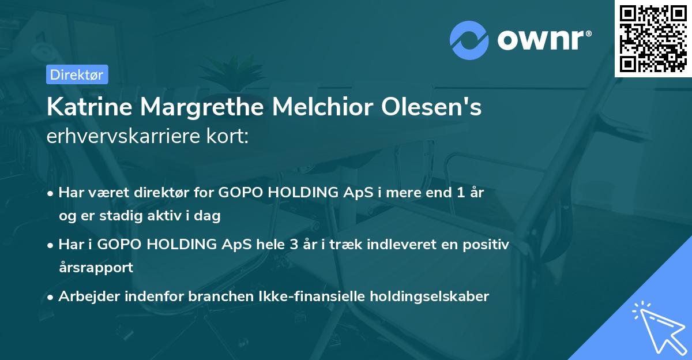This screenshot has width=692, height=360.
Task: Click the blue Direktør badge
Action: click(x=77, y=74)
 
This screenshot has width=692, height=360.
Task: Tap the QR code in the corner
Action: click(x=653, y=38)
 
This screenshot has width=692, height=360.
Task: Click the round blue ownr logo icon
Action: click(x=469, y=40)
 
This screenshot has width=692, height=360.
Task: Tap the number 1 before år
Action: click(x=460, y=193)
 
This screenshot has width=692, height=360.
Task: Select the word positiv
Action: click(x=484, y=245)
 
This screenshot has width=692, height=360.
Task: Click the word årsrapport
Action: click(x=96, y=267)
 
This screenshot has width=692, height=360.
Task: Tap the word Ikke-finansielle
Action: click(x=292, y=297)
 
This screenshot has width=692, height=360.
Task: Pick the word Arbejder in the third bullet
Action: click(x=85, y=297)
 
